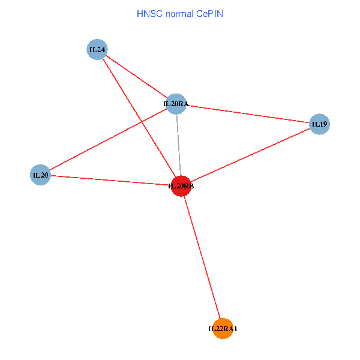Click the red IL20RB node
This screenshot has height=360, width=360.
(181, 186)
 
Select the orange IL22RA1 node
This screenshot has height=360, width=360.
(223, 328)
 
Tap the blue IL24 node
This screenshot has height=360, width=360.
(97, 49)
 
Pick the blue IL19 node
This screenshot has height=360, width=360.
(319, 124)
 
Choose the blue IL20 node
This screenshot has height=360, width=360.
(40, 175)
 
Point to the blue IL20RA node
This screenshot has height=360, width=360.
(176, 104)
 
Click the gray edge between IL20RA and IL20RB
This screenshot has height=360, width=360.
(178, 144)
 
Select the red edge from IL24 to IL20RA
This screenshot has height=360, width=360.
(136, 76)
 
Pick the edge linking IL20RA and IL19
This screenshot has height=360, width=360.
(247, 114)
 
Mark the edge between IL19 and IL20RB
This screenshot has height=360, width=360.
(250, 155)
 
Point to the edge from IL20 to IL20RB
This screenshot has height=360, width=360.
(111, 181)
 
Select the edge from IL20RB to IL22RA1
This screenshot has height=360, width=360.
(202, 257)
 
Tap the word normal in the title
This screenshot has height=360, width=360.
(179, 13)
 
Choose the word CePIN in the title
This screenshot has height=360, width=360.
(209, 13)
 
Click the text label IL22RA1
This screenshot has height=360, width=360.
(223, 329)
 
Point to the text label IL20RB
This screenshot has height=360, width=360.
(181, 187)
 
